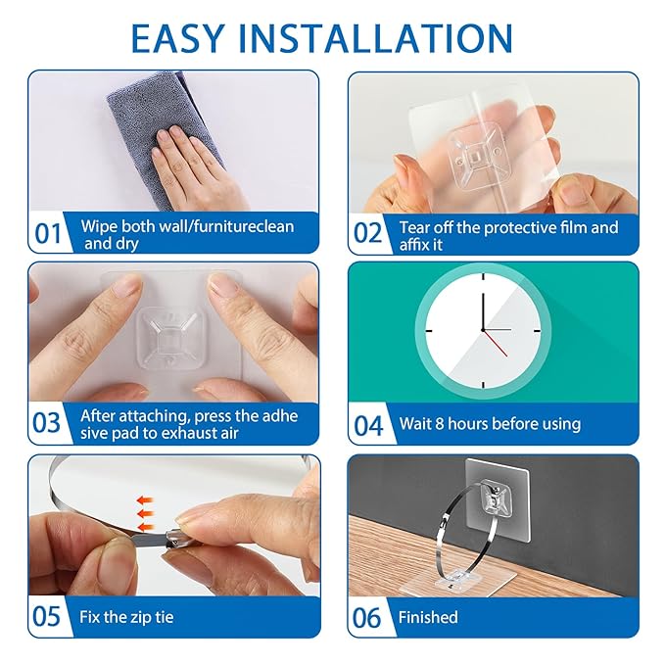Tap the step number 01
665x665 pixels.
[48, 235]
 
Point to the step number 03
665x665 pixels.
[48, 424]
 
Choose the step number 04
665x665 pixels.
[368, 424]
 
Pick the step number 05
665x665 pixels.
[48, 617]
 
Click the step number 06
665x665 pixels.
[368, 617]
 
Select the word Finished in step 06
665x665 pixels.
[428, 617]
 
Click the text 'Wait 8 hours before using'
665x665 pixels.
[490, 424]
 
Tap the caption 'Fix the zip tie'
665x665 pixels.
[127, 617]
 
